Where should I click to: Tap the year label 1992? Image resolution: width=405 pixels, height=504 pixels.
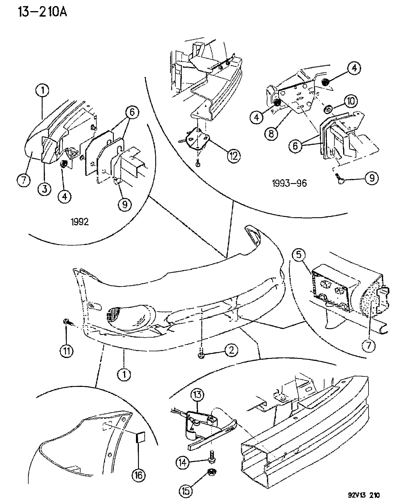point(80,222)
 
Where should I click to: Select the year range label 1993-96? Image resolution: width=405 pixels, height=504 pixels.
point(289,183)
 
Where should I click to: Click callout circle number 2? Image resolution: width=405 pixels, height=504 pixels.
point(231,350)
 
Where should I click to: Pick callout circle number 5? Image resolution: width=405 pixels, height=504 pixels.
point(299,255)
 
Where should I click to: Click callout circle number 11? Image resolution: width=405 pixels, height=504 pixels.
point(67,351)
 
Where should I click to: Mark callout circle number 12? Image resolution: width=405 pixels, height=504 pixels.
point(234,156)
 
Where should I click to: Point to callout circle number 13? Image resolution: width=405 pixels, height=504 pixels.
point(197,395)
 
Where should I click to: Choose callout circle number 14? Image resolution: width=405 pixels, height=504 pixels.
point(183,463)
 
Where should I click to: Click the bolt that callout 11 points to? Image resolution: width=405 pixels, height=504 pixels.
point(67,322)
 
